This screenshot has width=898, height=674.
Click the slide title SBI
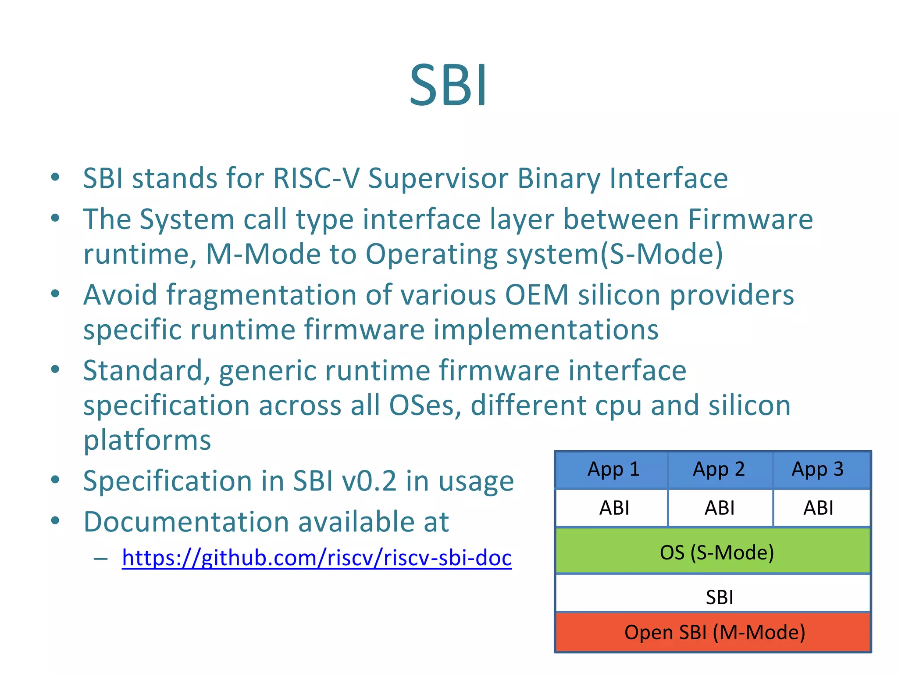[x=448, y=85]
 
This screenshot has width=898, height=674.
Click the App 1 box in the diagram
[x=613, y=470]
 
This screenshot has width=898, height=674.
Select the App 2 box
[x=719, y=470]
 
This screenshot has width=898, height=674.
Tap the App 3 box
[x=818, y=470]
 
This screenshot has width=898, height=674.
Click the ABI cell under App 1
[x=613, y=508]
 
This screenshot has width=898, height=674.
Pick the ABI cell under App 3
[x=818, y=508]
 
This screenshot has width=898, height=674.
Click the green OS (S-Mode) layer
[x=713, y=552]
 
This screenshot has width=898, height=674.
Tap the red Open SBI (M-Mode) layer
[x=713, y=632]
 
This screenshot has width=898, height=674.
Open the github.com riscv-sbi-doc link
[x=317, y=558]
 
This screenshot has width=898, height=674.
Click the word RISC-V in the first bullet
[x=316, y=179]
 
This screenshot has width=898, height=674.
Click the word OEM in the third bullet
[x=537, y=294]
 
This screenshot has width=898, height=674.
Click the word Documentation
[x=186, y=522]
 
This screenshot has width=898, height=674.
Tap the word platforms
[x=147, y=441]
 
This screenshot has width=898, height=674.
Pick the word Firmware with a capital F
[x=750, y=219]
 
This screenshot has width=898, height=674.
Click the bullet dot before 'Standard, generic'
[x=55, y=369]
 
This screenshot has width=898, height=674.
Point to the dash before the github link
[x=100, y=559]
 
